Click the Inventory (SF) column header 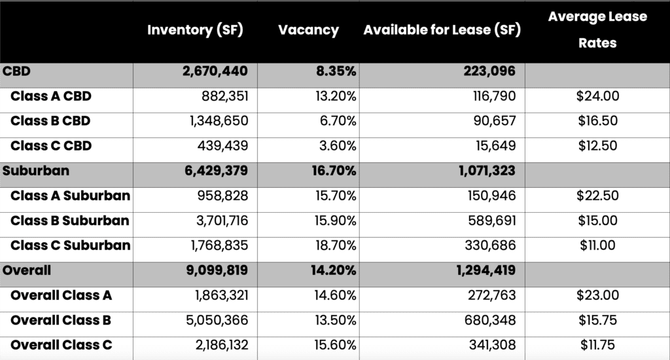[195, 30]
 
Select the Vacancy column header [308, 30]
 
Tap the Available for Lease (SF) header [442, 30]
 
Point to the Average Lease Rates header [597, 30]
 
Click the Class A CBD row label [50, 97]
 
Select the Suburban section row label [36, 171]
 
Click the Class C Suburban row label [70, 245]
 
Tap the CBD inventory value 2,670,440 [216, 71]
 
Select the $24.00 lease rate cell [597, 97]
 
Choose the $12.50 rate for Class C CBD [597, 146]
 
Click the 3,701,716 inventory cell [220, 221]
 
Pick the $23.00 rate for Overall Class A [597, 295]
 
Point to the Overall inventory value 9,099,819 [216, 270]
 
